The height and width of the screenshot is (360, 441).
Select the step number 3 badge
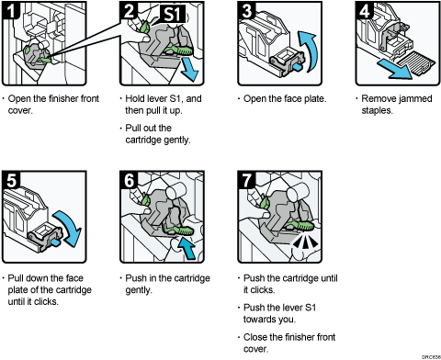[247, 10]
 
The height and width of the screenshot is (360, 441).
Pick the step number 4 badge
[364, 10]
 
